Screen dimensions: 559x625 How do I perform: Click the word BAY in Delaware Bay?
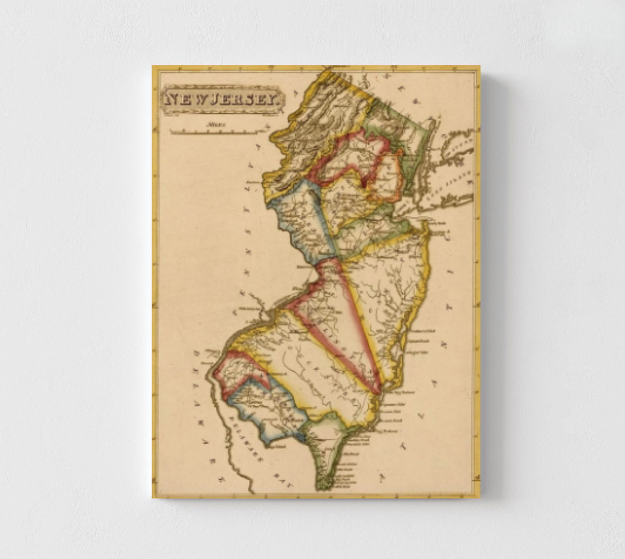coord(284,480)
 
